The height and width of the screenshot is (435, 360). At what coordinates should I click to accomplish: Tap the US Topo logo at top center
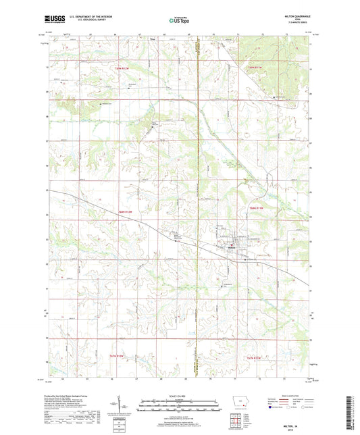pyautogui.click(x=178, y=21)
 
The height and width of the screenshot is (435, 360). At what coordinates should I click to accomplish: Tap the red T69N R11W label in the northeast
pyautogui.click(x=256, y=66)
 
